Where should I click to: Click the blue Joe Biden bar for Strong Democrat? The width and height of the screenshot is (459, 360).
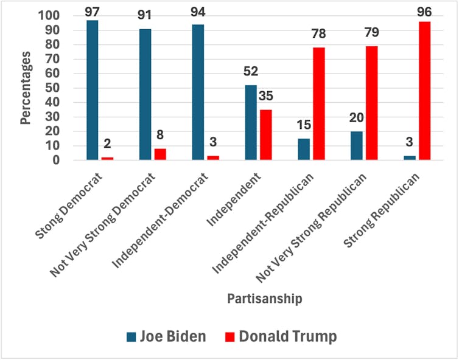click(92, 91)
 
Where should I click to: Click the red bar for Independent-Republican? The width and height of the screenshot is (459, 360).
click(318, 104)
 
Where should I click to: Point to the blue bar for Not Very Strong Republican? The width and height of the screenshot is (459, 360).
click(356, 146)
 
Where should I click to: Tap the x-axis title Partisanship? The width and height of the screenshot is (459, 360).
click(265, 299)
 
